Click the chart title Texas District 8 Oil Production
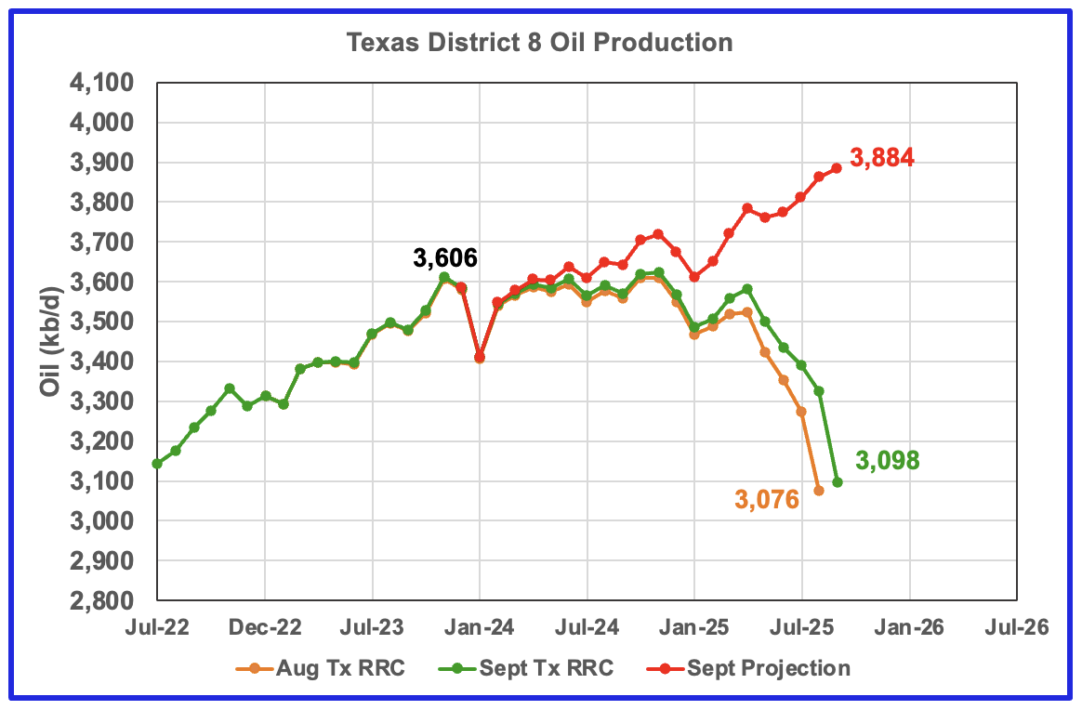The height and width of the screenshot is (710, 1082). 539,43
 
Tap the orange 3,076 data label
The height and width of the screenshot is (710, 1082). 767,500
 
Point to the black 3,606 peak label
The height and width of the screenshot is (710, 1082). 445,258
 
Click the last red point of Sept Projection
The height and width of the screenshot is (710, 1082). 837,168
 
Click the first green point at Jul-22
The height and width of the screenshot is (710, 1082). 157,464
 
